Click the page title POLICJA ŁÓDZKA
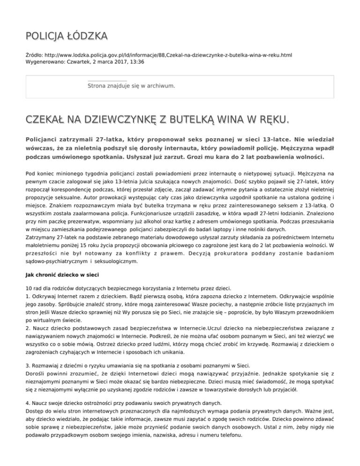coord(66,36)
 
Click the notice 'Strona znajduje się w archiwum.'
coord(131,86)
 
